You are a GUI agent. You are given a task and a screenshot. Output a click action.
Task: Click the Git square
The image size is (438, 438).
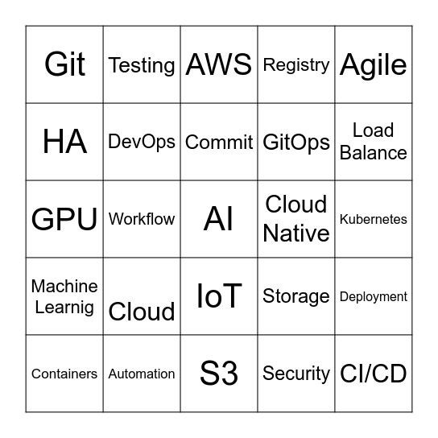pyautogui.click(x=64, y=64)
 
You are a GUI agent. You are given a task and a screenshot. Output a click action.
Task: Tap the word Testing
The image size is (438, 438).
pyautogui.click(x=142, y=65)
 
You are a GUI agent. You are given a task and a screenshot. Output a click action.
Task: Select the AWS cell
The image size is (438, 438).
pyautogui.click(x=219, y=64)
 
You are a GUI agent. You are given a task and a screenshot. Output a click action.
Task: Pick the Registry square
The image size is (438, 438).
pyautogui.click(x=296, y=64)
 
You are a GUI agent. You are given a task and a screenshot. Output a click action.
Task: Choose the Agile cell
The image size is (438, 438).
pyautogui.click(x=374, y=64)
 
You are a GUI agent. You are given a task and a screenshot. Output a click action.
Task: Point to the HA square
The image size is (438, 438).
pyautogui.click(x=64, y=142)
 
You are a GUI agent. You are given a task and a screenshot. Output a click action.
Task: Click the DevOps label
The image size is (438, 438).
pyautogui.click(x=142, y=142)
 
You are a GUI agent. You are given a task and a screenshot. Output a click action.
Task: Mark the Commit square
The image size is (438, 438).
pyautogui.click(x=219, y=143)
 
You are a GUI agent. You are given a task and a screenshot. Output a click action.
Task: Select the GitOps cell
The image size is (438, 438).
pyautogui.click(x=296, y=143)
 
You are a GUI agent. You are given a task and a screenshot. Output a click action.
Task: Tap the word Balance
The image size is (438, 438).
pyautogui.click(x=374, y=153)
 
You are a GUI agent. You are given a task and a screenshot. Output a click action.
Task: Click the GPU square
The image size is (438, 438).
pyautogui.click(x=64, y=219)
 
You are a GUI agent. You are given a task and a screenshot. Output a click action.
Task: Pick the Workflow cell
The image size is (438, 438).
pyautogui.click(x=142, y=219)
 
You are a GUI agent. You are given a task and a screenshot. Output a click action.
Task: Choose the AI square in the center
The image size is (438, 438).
pyautogui.click(x=219, y=219)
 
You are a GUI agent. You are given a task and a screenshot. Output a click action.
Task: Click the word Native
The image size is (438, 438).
pyautogui.click(x=296, y=233)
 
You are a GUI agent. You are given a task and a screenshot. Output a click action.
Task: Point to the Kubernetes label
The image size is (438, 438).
pyautogui.click(x=374, y=219)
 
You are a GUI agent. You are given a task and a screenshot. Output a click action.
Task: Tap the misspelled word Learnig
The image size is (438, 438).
pyautogui.click(x=64, y=308)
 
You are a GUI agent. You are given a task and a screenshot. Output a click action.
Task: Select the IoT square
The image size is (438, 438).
pyautogui.click(x=219, y=296)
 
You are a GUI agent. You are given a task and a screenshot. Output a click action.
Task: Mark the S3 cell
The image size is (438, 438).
pyautogui.click(x=219, y=374)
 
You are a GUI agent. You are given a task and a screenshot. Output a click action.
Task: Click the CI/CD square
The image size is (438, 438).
pyautogui.click(x=374, y=374)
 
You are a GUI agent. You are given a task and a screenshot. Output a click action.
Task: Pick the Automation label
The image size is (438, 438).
pyautogui.click(x=142, y=374)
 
